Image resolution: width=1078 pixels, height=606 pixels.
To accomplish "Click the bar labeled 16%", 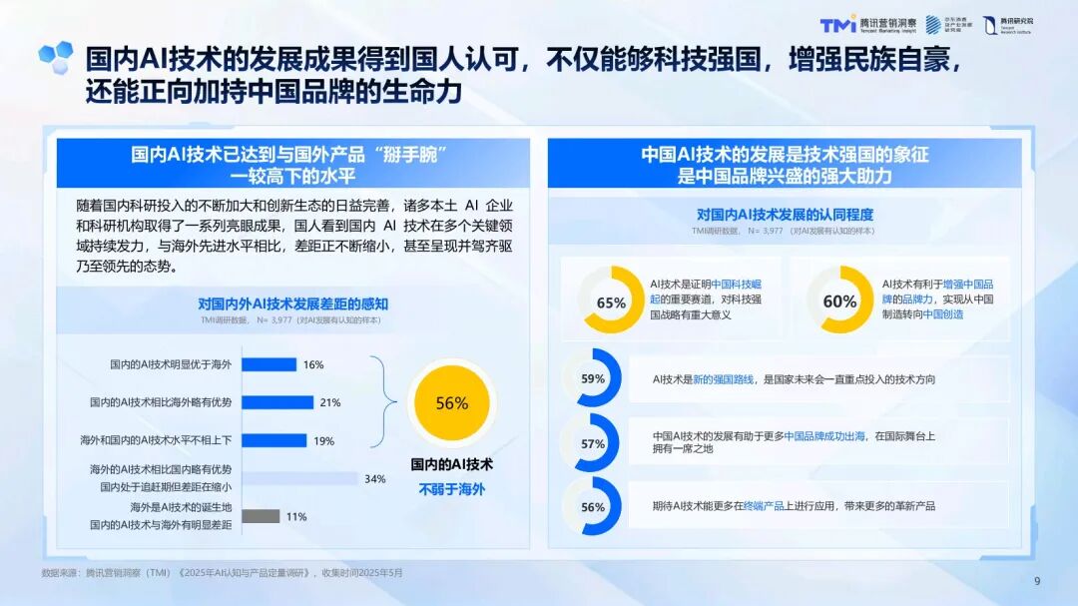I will point(269,364).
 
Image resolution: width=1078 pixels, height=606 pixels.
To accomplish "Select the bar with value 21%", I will point(277,402).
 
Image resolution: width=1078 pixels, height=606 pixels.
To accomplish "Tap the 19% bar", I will point(273,440).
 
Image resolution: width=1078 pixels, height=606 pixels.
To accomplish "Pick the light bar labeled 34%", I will point(299,478).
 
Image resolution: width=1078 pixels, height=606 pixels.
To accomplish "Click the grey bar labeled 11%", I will point(260,516).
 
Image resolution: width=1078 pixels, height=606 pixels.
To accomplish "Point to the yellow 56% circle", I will point(451,403).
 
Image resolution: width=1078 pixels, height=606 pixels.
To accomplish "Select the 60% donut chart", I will point(839,301).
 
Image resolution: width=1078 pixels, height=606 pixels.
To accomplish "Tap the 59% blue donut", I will point(593,378).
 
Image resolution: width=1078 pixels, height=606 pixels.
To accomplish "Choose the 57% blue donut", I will point(593,443).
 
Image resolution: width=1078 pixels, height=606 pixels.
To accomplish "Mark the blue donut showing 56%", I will point(593,506).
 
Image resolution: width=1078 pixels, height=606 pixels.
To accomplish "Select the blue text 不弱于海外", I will point(451,489).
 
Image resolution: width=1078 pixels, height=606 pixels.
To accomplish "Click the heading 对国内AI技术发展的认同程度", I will point(784,214).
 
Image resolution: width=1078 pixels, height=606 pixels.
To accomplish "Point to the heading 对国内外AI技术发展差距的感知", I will point(292,303).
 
